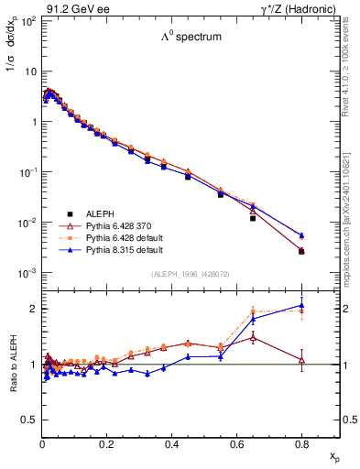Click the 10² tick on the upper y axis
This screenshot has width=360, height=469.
coord(27,20)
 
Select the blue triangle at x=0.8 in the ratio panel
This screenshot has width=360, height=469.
coord(301,306)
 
